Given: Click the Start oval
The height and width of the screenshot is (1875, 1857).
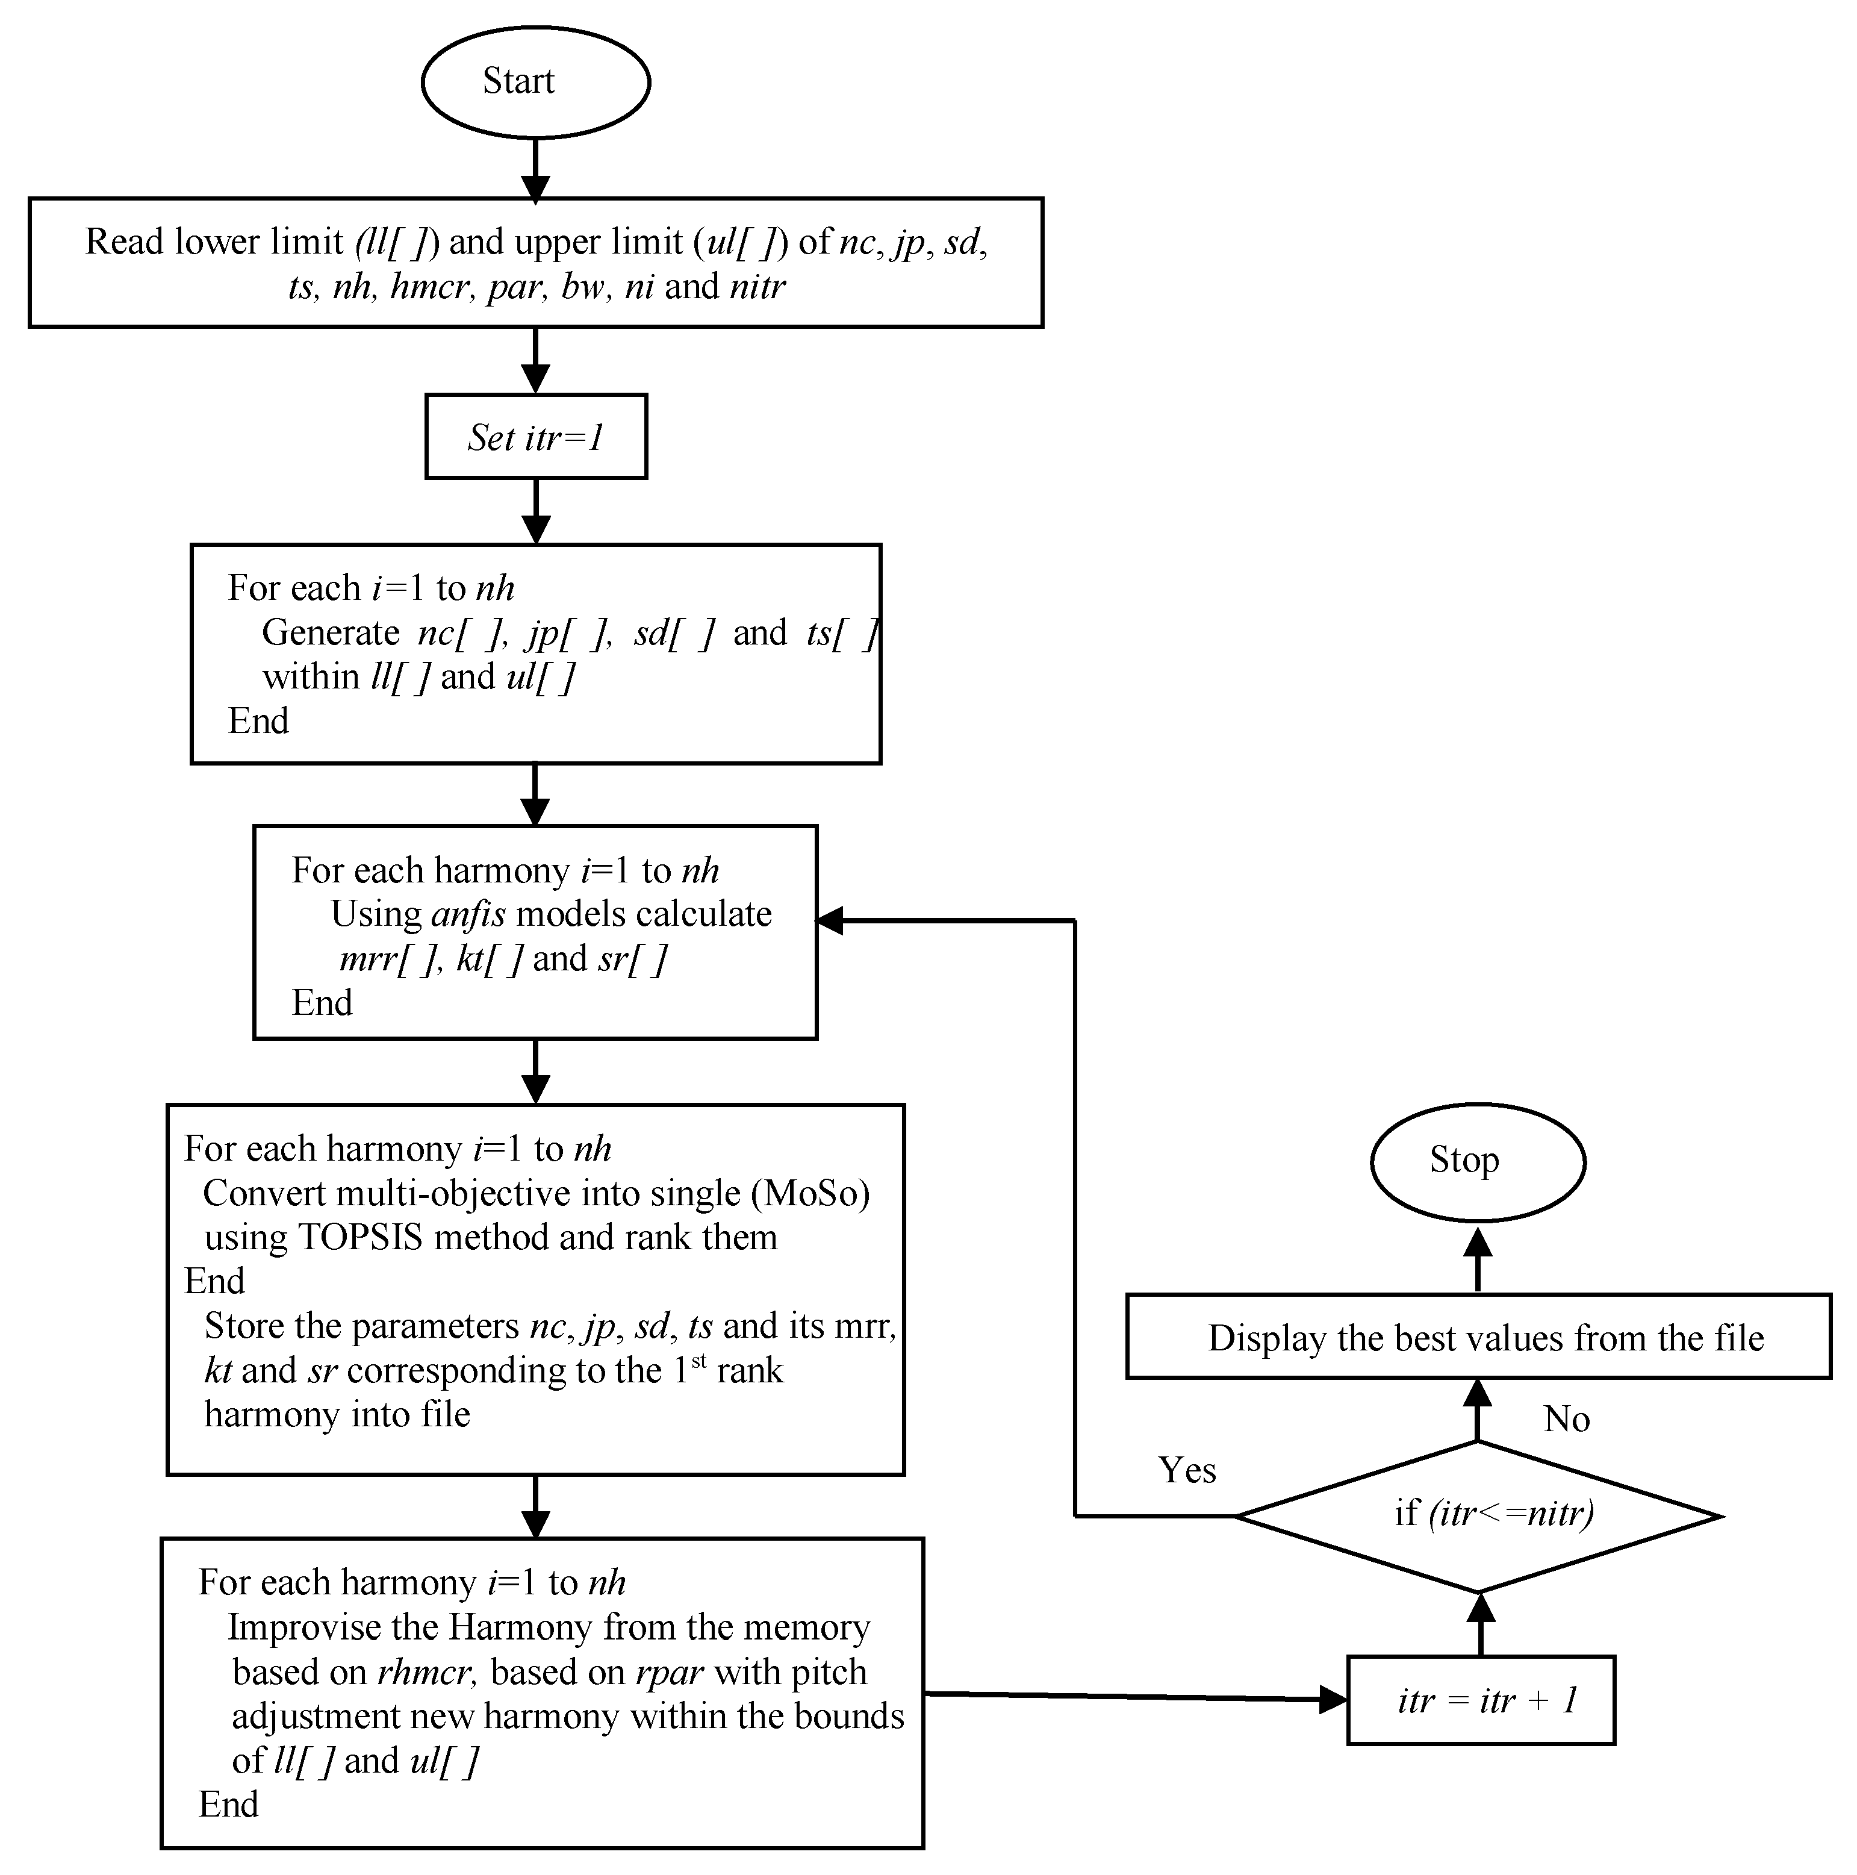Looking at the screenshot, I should click(535, 81).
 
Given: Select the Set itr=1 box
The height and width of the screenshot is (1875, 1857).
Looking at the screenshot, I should click(535, 437).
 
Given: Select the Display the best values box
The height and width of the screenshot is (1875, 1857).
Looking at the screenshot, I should click(1478, 1337).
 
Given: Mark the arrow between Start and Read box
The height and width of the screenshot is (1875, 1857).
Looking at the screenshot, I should click(535, 170).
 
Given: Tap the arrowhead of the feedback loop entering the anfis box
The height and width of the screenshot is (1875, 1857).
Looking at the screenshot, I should click(830, 921).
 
